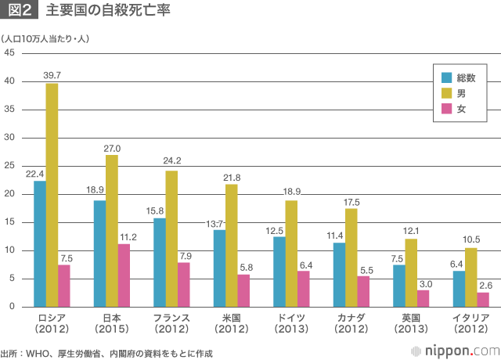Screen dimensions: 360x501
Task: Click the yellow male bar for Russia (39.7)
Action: [x=52, y=195]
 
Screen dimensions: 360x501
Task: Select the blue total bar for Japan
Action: [x=99, y=254]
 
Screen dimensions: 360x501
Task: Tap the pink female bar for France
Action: [x=183, y=285]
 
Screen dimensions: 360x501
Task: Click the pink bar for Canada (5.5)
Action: [x=363, y=291]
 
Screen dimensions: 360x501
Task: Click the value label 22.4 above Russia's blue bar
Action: [x=34, y=174]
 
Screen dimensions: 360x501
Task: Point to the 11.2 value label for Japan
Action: [x=128, y=236]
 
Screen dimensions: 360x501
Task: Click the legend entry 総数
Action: [x=467, y=77]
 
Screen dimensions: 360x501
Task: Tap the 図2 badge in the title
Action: [x=20, y=13]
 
